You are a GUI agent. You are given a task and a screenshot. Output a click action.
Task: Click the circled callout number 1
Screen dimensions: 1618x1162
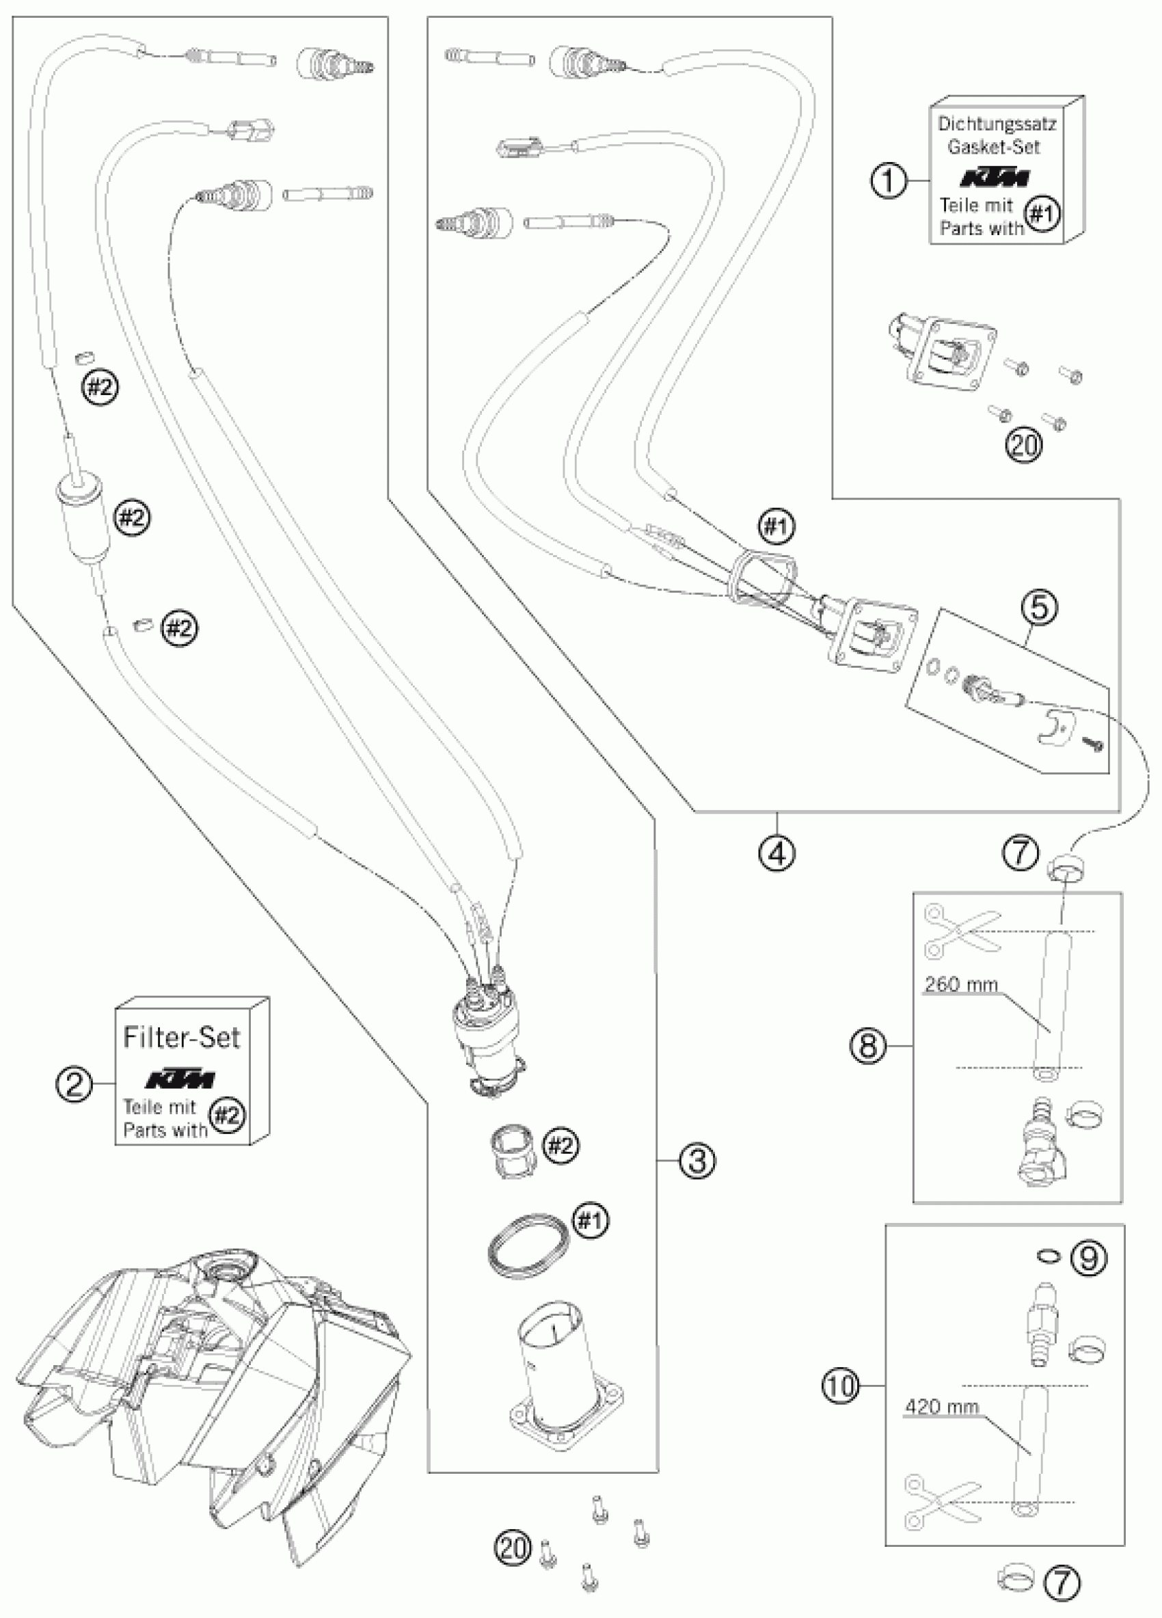coord(889,180)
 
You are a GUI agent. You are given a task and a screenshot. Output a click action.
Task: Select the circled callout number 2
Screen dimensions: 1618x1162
coord(75,1085)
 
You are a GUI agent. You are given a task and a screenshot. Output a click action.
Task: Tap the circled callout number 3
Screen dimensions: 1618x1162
coord(697,1160)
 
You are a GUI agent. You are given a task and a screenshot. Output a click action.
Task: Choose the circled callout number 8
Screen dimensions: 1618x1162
coord(867,1046)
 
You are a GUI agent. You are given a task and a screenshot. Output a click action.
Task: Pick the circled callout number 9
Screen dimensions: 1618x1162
coord(1089,1258)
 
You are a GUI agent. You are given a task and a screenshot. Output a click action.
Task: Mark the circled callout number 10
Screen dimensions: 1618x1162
coord(841,1386)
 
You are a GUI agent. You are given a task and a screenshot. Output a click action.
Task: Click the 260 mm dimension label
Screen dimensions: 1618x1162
coord(961,985)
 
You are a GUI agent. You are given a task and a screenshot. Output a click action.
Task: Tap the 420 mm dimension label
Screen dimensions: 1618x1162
coord(942,1407)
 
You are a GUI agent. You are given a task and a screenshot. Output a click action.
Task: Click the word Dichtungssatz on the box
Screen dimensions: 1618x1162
coord(997,124)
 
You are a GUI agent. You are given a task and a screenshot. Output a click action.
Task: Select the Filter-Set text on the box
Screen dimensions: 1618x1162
coord(181,1036)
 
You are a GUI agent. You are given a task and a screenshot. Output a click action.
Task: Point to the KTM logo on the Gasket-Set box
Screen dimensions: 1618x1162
coord(994,177)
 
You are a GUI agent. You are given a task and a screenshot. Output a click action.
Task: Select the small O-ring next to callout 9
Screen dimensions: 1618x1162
coord(1047,1256)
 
